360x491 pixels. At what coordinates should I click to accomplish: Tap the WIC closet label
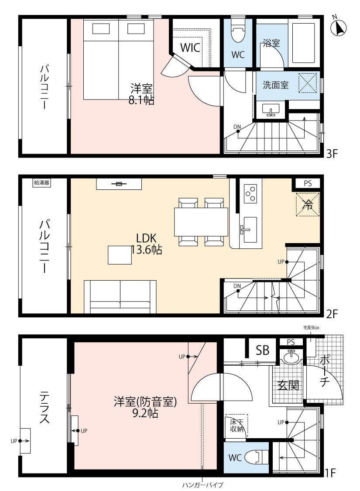coord(191,48)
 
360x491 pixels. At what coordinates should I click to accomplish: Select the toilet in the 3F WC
coord(237,33)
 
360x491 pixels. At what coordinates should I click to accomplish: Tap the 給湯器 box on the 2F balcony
coord(42,183)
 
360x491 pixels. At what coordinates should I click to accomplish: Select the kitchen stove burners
coord(250,193)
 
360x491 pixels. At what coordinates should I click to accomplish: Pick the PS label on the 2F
coord(308,183)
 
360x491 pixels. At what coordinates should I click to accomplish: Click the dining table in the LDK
coord(201,221)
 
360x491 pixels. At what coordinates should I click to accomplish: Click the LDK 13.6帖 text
coord(147,244)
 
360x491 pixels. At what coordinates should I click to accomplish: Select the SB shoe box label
coord(262,350)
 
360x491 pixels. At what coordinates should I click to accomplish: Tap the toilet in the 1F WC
coord(256,457)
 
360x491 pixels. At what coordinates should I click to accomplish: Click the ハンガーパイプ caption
coord(202,485)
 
